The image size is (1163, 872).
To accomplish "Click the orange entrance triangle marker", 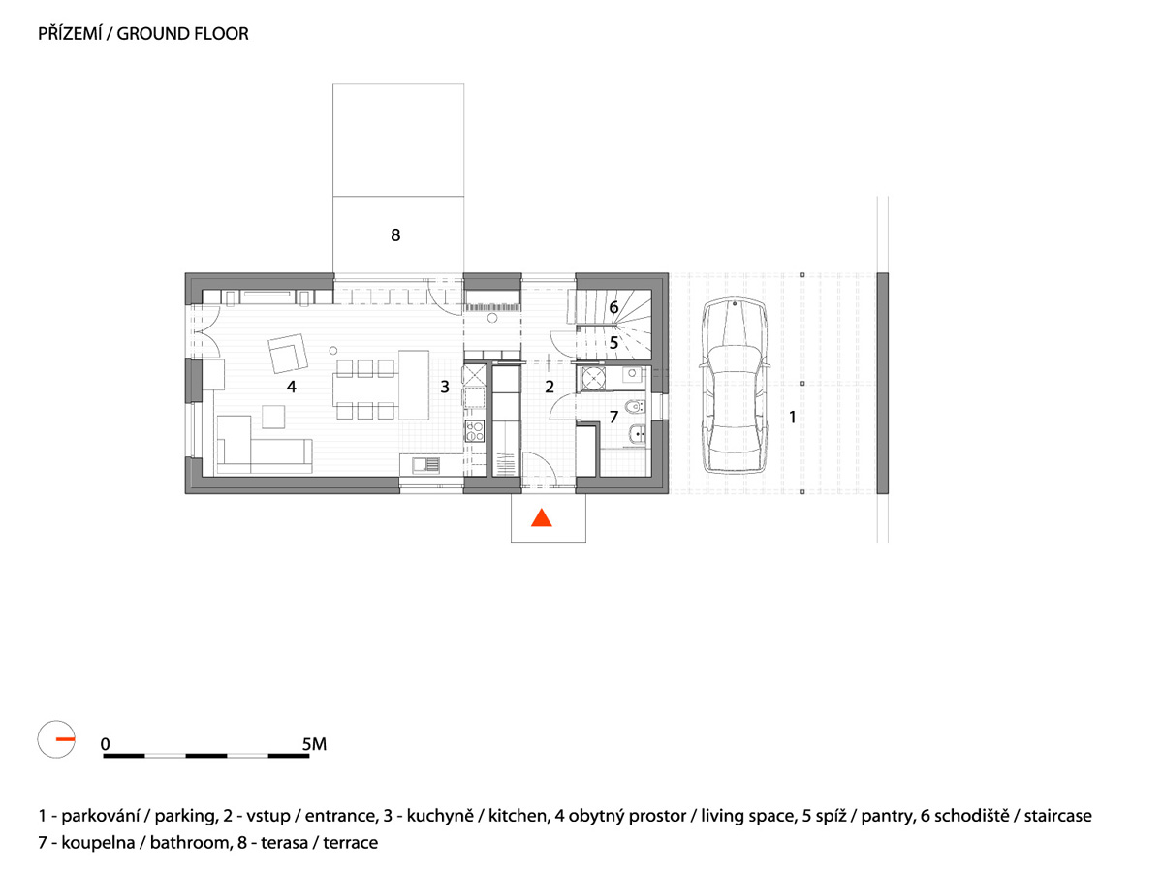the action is (x=542, y=519).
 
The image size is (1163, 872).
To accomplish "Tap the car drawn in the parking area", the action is (x=735, y=386).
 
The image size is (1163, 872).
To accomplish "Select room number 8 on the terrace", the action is (x=395, y=235).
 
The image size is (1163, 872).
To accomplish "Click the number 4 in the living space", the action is (x=292, y=387).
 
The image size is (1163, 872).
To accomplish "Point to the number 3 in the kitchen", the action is (x=445, y=387).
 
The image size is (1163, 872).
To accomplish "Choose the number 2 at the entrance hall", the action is (x=550, y=387).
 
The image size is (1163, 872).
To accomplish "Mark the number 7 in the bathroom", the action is (x=613, y=418).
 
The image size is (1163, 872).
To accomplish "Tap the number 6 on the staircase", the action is (x=613, y=307).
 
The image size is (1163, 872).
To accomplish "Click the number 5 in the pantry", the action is (x=613, y=343).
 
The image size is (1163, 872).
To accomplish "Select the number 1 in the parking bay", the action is (x=793, y=418).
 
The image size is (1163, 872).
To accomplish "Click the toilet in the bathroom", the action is (x=635, y=407).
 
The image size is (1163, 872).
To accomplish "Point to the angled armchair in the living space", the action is (x=288, y=353).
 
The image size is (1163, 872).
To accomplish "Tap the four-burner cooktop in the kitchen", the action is (x=474, y=431).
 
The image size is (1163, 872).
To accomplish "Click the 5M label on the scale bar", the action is (x=314, y=744).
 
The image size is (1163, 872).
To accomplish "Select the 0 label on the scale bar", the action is (x=106, y=744).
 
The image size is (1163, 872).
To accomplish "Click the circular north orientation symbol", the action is (x=56, y=739).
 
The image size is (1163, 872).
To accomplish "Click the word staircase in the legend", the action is (x=1058, y=816).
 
